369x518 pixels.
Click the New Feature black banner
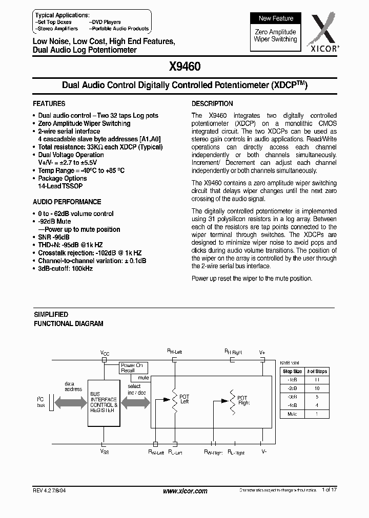(276, 18)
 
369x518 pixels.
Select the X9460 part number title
(184, 67)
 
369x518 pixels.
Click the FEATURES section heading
(49, 103)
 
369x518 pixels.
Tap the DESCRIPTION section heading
(212, 103)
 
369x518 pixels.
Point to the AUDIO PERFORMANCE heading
(67, 202)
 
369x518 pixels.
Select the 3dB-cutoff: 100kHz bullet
(65, 268)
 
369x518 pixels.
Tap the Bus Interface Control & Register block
(104, 402)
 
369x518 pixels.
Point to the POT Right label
(242, 400)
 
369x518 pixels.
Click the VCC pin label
(104, 353)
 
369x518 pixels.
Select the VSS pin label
(104, 452)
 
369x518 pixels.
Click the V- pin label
(263, 452)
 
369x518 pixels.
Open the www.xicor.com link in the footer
(184, 491)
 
